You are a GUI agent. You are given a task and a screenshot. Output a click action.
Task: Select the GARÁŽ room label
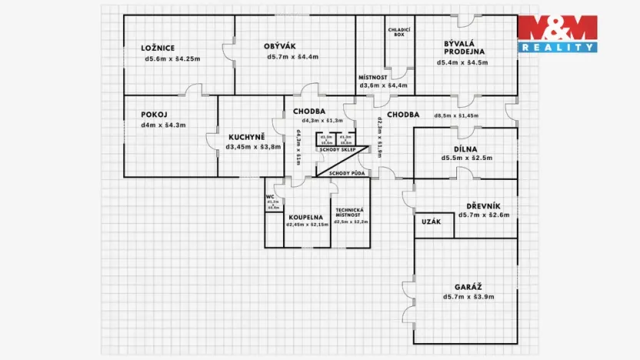(x=468, y=285)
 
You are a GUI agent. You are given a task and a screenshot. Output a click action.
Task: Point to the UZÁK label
(x=431, y=222)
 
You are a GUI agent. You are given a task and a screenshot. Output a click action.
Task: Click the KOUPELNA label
(x=306, y=217)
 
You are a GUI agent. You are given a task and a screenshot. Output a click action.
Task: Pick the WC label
(x=271, y=196)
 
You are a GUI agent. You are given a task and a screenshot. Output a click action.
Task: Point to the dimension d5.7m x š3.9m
(x=468, y=296)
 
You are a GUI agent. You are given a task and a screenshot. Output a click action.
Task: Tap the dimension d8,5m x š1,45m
(x=456, y=115)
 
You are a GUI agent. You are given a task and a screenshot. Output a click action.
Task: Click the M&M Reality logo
(x=557, y=33)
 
